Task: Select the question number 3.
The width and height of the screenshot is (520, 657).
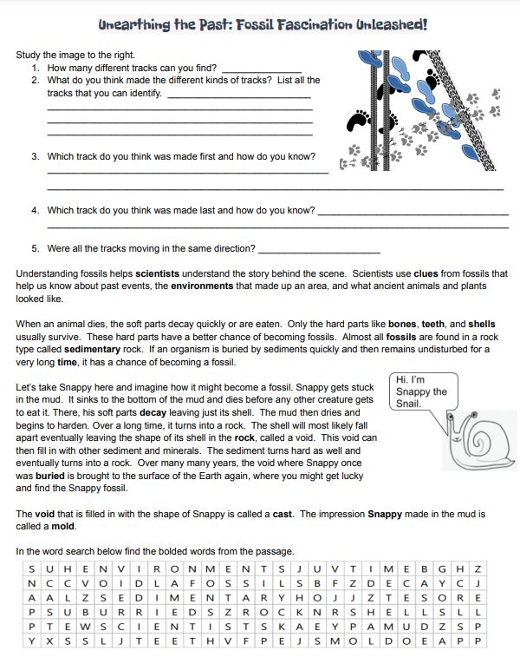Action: (x=36, y=157)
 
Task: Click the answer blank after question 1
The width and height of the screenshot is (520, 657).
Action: (x=262, y=68)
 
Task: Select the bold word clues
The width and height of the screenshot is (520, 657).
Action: (x=431, y=274)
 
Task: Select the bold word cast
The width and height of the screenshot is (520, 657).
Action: (x=283, y=514)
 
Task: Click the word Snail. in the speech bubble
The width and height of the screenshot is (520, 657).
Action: (x=408, y=404)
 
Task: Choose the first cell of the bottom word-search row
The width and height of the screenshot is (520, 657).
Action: (x=32, y=641)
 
